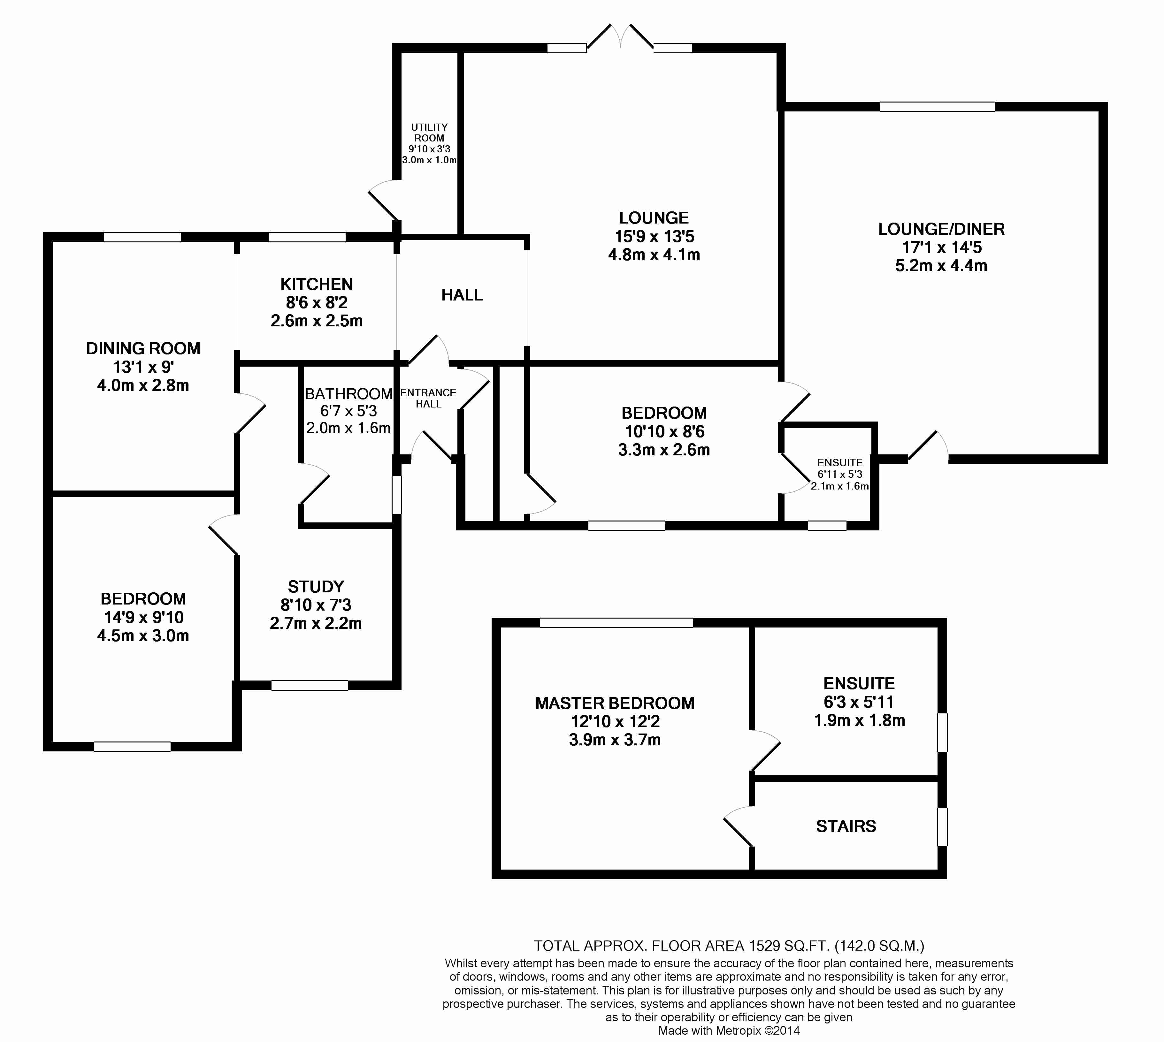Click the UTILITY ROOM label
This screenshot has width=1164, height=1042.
click(x=429, y=132)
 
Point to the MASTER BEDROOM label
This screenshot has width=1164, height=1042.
click(x=615, y=703)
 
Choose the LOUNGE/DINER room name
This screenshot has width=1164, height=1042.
click(x=941, y=229)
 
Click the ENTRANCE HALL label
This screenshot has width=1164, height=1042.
click(x=428, y=398)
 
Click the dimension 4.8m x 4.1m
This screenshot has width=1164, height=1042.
click(x=654, y=255)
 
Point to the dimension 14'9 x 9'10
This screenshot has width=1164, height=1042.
click(x=143, y=617)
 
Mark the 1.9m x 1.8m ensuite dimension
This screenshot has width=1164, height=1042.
click(x=859, y=720)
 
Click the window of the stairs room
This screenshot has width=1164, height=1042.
click(x=942, y=826)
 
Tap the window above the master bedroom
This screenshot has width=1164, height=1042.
click(x=616, y=623)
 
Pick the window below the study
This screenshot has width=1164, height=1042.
click(x=310, y=685)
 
